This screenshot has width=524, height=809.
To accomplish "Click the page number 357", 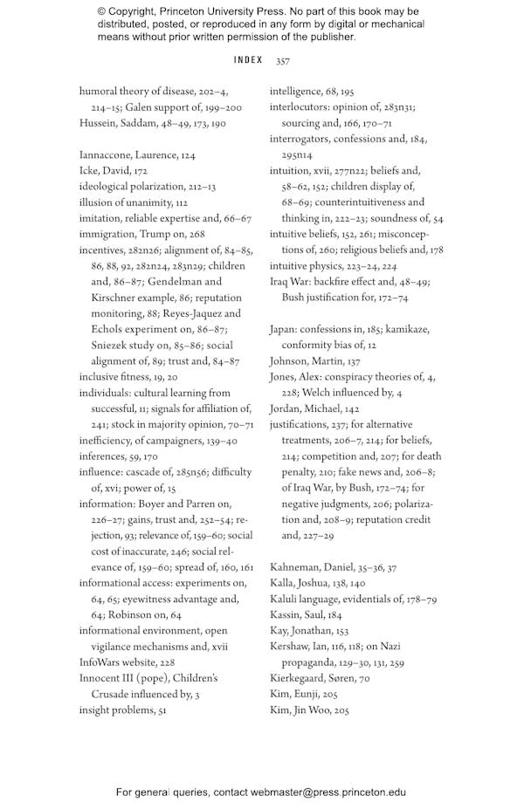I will pos(283,61).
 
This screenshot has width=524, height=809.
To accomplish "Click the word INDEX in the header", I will pos(248,60).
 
